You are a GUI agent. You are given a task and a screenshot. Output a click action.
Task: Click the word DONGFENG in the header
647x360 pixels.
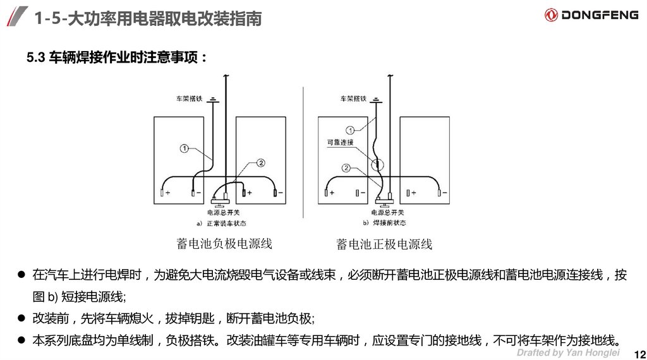tap(600, 15)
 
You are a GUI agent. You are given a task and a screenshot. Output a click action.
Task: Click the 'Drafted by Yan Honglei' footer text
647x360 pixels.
tap(568, 352)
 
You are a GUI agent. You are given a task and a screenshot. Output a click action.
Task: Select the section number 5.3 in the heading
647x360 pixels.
tap(35, 59)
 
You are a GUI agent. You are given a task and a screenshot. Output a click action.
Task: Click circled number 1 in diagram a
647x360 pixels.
tap(184, 148)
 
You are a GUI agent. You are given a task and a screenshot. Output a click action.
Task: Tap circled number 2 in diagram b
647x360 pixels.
tap(346, 167)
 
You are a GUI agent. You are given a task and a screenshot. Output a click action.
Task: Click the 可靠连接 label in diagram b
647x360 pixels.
tap(340, 143)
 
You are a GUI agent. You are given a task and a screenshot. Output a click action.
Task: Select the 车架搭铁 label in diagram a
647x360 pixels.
tap(188, 99)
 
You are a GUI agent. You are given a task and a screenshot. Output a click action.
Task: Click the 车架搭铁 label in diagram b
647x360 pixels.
tap(353, 99)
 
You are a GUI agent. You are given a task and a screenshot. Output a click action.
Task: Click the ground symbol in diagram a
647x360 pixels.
tap(214, 99)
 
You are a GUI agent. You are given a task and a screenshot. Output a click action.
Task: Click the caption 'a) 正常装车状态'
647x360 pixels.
tap(222, 223)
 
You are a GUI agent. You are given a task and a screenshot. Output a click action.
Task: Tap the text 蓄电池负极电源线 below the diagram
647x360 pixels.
tap(224, 244)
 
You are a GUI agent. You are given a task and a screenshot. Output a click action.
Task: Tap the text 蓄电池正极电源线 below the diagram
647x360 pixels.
tap(384, 244)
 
